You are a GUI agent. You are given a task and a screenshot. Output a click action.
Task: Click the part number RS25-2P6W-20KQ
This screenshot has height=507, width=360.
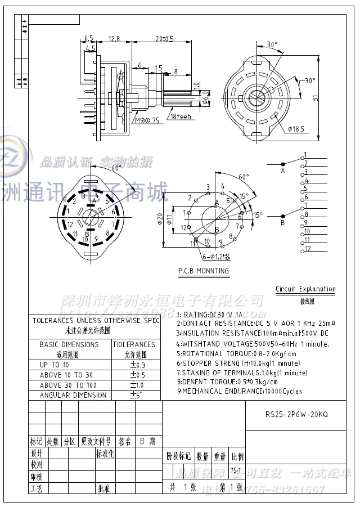[296, 414]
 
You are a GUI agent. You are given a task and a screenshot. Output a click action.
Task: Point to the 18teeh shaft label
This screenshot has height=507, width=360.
[181, 116]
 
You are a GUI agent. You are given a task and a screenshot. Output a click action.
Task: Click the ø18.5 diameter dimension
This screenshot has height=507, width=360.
[295, 129]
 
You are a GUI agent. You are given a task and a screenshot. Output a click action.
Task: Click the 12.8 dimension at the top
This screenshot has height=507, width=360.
[114, 39]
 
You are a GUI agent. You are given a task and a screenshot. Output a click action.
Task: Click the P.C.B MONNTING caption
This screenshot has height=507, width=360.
[204, 271]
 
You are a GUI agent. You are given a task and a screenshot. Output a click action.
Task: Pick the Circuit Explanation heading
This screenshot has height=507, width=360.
[305, 289]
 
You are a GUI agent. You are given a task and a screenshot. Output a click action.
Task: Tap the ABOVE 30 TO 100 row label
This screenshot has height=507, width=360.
[69, 385]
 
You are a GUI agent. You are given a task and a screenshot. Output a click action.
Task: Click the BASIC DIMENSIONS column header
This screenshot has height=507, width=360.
[69, 344]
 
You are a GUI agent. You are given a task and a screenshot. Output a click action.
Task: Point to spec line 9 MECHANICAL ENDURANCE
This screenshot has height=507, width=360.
[239, 391]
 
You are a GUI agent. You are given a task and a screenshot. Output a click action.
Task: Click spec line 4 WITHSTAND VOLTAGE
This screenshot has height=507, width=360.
[253, 344]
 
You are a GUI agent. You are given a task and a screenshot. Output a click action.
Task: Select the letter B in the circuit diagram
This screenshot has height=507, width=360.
[282, 223]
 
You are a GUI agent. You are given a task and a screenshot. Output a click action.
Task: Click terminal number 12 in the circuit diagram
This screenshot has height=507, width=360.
[307, 248]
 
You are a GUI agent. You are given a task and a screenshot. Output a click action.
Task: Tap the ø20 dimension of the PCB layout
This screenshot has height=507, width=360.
[160, 218]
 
